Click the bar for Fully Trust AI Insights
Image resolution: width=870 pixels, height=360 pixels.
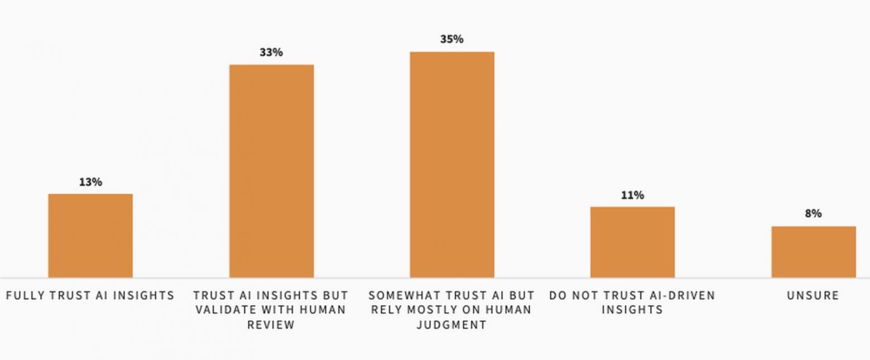pyautogui.click(x=90, y=236)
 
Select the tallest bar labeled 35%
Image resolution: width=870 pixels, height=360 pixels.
pyautogui.click(x=452, y=165)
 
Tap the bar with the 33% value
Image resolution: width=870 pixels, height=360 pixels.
pyautogui.click(x=271, y=171)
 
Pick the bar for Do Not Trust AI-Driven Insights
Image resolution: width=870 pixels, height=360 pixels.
pyautogui.click(x=633, y=242)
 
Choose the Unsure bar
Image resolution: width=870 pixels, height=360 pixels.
pyautogui.click(x=814, y=252)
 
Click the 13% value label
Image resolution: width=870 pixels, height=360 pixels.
pyautogui.click(x=90, y=182)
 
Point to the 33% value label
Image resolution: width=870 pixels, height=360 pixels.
pyautogui.click(x=271, y=52)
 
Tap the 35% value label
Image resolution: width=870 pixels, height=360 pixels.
pyautogui.click(x=451, y=39)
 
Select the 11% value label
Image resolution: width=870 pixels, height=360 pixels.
pyautogui.click(x=632, y=195)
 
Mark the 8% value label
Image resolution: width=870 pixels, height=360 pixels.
pyautogui.click(x=813, y=214)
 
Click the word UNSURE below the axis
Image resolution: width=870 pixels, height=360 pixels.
pyautogui.click(x=813, y=295)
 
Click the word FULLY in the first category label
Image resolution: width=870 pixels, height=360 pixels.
pyautogui.click(x=25, y=295)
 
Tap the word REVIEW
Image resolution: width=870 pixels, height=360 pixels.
pyautogui.click(x=271, y=325)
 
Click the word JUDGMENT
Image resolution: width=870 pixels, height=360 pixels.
pyautogui.click(x=451, y=325)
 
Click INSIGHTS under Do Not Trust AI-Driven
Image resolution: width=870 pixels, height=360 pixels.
pyautogui.click(x=632, y=310)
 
